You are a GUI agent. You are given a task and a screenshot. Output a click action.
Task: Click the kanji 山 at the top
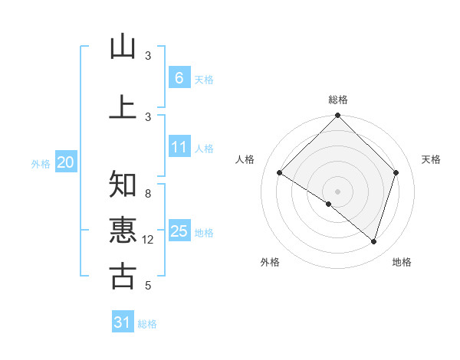pyautogui.click(x=123, y=47)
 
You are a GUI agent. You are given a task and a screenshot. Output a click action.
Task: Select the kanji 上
pyautogui.click(x=123, y=106)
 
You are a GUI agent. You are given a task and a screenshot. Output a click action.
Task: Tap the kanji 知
pyautogui.click(x=123, y=185)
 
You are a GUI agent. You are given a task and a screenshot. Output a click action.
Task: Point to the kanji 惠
pyautogui.click(x=123, y=230)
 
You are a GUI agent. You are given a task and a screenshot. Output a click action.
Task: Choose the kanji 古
pyautogui.click(x=123, y=276)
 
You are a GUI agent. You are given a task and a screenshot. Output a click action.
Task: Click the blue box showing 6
pyautogui.click(x=179, y=77)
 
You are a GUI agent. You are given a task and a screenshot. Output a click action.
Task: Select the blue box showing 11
pyautogui.click(x=179, y=147)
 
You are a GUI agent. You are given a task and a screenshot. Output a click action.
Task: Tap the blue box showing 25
pyautogui.click(x=179, y=231)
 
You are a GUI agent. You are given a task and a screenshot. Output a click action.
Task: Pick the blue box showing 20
pyautogui.click(x=65, y=162)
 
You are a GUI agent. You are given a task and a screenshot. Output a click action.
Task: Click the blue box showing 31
pyautogui.click(x=123, y=322)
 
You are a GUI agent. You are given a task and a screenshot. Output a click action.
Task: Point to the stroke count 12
pyautogui.click(x=148, y=240)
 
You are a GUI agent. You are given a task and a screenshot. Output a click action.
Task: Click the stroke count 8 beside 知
pyautogui.click(x=148, y=194)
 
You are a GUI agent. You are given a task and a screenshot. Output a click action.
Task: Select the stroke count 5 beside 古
pyautogui.click(x=148, y=286)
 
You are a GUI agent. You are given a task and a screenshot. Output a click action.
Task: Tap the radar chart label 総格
pyautogui.click(x=338, y=100)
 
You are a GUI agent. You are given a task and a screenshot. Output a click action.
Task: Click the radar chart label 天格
pyautogui.click(x=432, y=159)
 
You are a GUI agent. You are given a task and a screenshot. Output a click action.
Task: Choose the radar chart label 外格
pyautogui.click(x=270, y=262)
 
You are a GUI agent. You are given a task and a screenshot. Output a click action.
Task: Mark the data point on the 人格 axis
pyautogui.click(x=280, y=173)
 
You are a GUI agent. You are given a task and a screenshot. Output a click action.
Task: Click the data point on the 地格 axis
pyautogui.click(x=374, y=242)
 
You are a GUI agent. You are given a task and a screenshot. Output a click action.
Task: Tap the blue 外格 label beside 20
pyautogui.click(x=41, y=163)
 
